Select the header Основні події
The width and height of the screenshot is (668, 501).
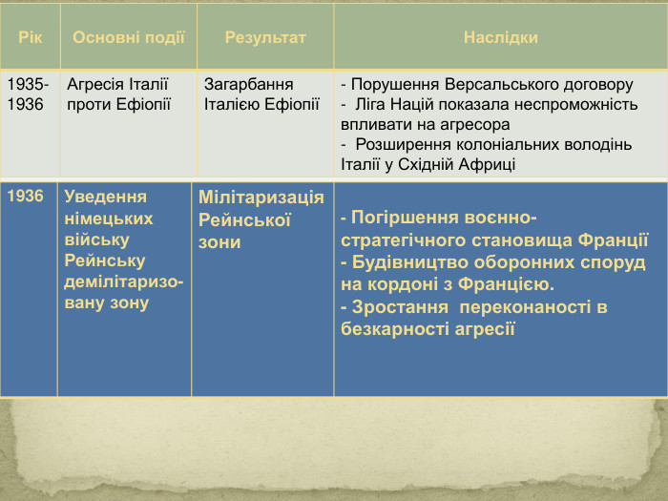coord(129,37)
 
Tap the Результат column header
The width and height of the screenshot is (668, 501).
coord(265,37)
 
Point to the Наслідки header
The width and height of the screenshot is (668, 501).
coord(500,37)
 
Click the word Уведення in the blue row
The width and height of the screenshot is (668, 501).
coord(105,197)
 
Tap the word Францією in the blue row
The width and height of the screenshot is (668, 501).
coord(511,284)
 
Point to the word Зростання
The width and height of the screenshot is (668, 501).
coord(402,307)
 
